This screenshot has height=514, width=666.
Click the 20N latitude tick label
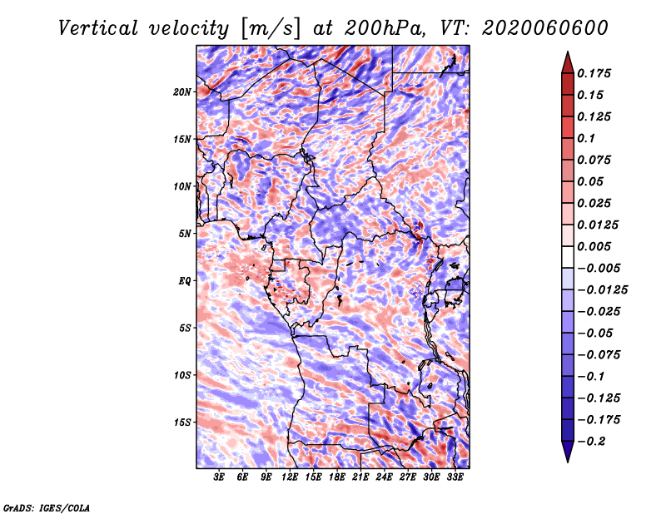182,92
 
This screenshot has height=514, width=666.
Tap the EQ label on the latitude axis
185,281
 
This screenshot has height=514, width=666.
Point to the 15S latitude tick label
182,423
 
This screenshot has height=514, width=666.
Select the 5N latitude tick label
185,234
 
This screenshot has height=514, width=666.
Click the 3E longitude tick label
219,477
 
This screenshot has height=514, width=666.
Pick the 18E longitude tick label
337,477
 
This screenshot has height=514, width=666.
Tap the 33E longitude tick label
455,477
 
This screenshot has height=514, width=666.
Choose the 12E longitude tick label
290,477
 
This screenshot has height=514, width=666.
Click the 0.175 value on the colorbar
594,73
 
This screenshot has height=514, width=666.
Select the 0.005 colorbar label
594,246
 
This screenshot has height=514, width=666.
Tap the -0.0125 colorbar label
603,290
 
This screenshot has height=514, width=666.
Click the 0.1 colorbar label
586,138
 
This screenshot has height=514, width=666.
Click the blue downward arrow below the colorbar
568,452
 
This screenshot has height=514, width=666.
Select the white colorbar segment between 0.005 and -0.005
568,257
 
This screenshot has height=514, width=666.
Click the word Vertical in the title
98,28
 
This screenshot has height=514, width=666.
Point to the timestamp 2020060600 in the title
545,28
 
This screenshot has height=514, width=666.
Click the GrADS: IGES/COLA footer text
47,507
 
